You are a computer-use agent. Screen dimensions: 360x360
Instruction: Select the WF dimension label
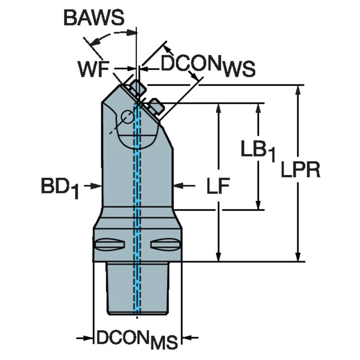click(92, 69)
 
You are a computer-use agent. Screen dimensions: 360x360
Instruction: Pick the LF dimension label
click(218, 186)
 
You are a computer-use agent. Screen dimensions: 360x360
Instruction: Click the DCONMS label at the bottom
click(137, 339)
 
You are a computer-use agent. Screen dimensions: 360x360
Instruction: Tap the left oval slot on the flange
click(110, 244)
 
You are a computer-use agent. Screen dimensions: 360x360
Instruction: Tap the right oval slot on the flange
click(165, 244)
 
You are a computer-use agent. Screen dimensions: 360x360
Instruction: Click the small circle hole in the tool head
click(126, 117)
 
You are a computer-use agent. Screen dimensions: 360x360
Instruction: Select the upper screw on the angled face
click(137, 88)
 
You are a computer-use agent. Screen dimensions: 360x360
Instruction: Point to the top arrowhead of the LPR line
click(298, 90)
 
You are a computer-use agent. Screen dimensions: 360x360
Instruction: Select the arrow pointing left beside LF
click(178, 185)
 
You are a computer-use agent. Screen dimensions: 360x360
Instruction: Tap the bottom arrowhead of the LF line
click(218, 257)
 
